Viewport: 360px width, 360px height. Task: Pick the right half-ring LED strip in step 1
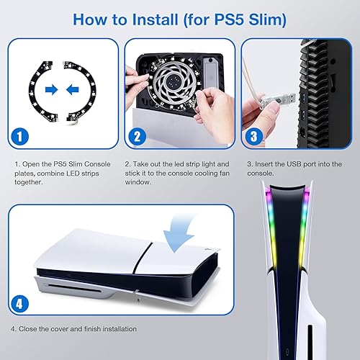click(x=92, y=90)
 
